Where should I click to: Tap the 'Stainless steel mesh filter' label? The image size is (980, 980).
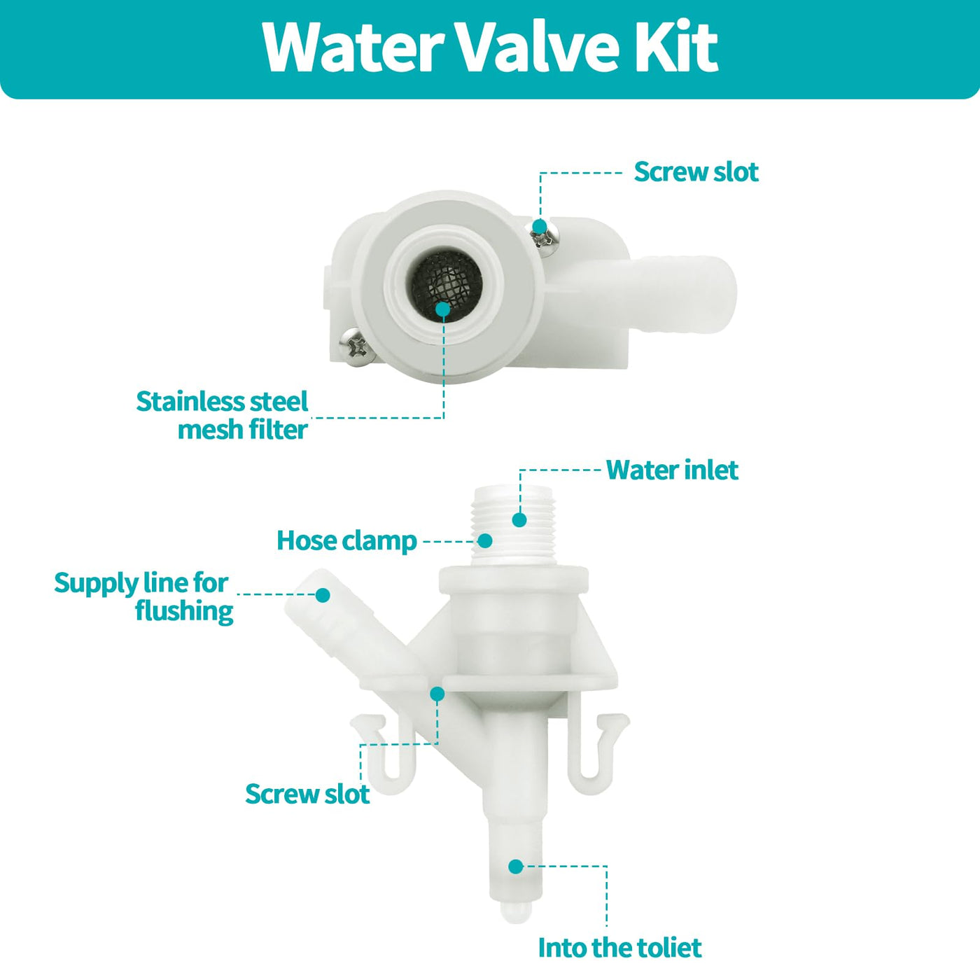(x=222, y=416)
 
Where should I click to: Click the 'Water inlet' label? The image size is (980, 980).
(x=672, y=470)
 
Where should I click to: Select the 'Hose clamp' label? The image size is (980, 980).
(x=346, y=540)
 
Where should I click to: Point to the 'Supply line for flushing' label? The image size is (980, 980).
(x=143, y=596)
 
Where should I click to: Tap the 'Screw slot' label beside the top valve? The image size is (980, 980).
(x=696, y=172)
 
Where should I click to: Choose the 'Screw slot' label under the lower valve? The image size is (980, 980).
(x=307, y=794)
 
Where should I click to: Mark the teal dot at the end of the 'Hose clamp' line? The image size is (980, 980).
(x=485, y=540)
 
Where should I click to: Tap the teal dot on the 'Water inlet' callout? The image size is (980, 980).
(x=519, y=520)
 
